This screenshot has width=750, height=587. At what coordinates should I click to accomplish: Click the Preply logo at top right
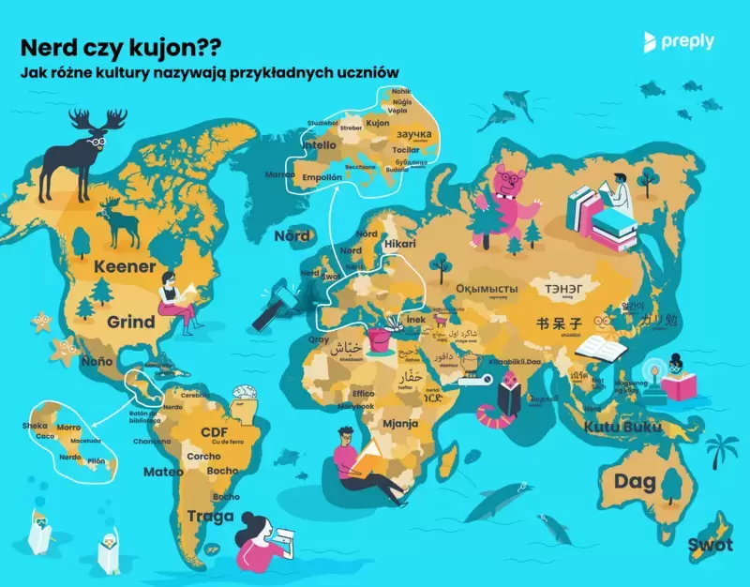(679, 41)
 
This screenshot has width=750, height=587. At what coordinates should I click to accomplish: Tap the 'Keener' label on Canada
(124, 267)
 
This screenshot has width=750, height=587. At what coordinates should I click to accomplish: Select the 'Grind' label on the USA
(130, 322)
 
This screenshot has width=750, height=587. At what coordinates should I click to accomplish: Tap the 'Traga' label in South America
(210, 515)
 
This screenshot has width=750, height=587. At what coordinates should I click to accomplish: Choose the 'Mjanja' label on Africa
(400, 424)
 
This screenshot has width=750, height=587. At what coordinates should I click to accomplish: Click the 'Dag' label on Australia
(635, 482)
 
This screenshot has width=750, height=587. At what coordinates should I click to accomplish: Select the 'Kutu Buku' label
(623, 428)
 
